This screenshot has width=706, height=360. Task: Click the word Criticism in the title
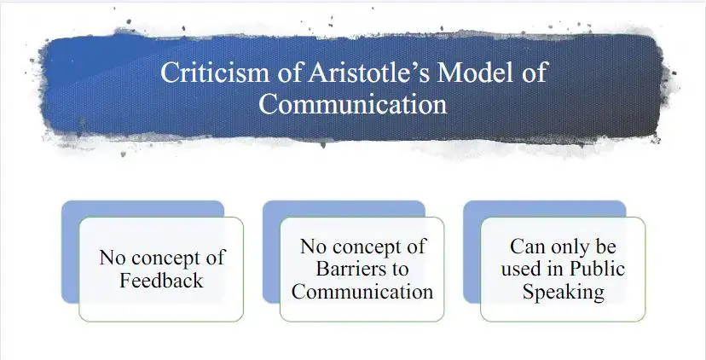pos(215,73)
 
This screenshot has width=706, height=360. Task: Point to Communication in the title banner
pos(353,104)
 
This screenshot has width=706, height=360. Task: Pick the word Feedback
pos(161,281)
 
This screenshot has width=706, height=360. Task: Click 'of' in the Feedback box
pos(215,258)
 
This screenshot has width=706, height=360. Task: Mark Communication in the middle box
pos(362,292)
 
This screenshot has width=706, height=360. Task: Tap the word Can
pos(527,247)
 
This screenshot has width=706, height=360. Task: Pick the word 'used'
pos(522,269)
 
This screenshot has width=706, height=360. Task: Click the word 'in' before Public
pos(557,269)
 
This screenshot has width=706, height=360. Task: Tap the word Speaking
pos(563,293)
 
